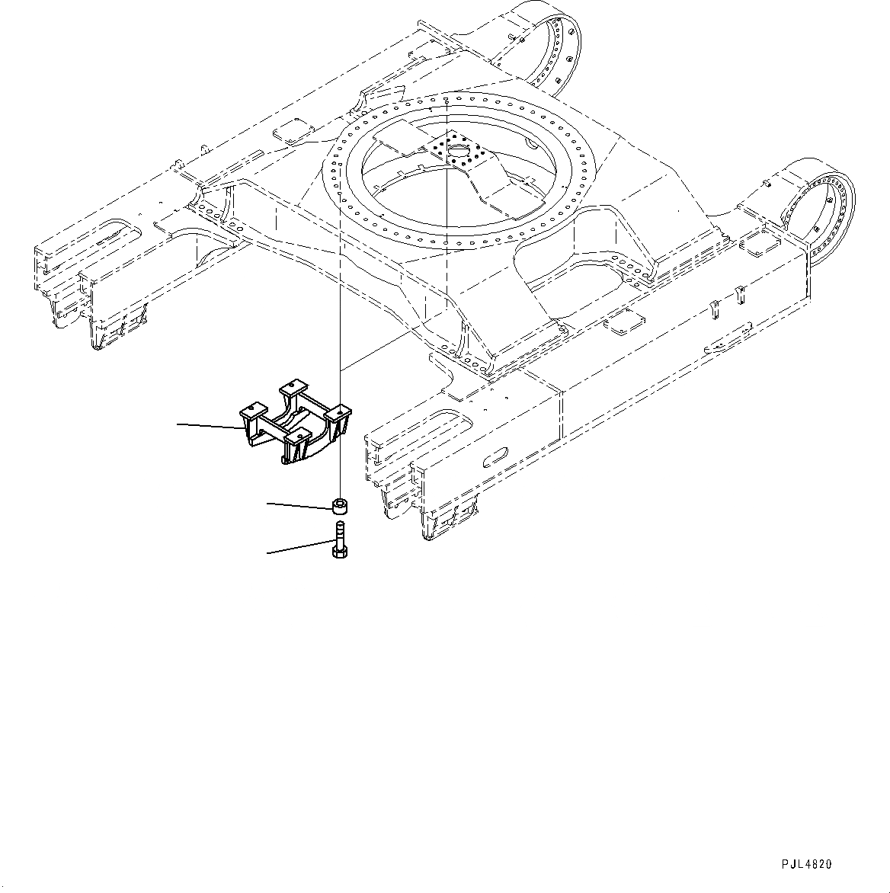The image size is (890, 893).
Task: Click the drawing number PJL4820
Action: [x=806, y=843]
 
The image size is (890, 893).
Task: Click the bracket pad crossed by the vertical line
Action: [x=341, y=411]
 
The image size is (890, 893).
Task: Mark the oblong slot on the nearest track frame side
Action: [x=496, y=456]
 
